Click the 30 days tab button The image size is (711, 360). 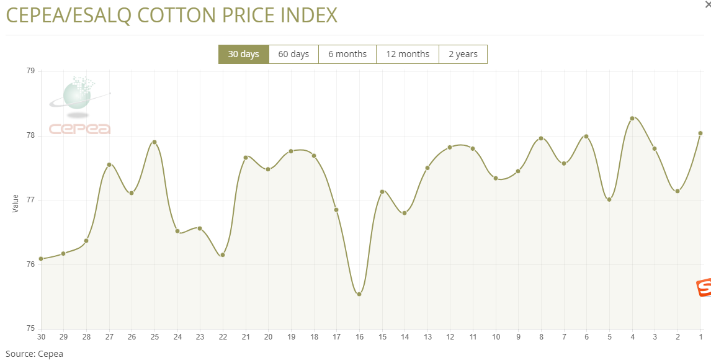[x=243, y=54]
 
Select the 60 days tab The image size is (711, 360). [x=293, y=54]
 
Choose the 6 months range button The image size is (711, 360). [x=347, y=54]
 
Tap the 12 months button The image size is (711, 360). [x=408, y=54]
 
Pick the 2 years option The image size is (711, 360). [x=463, y=54]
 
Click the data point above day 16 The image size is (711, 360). [x=359, y=294]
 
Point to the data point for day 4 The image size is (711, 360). [x=632, y=118]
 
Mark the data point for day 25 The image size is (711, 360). [x=154, y=142]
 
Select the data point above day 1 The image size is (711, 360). [x=700, y=133]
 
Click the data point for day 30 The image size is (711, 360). [x=41, y=259]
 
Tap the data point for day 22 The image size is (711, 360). [x=223, y=255]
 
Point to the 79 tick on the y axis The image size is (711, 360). [x=30, y=71]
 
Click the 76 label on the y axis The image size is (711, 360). [x=30, y=265]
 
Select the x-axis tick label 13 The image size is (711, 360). [x=427, y=337]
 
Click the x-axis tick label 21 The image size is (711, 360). [x=246, y=337]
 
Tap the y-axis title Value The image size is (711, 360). [x=16, y=203]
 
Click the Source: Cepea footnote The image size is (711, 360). [x=34, y=354]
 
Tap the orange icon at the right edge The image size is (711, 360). [x=704, y=288]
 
